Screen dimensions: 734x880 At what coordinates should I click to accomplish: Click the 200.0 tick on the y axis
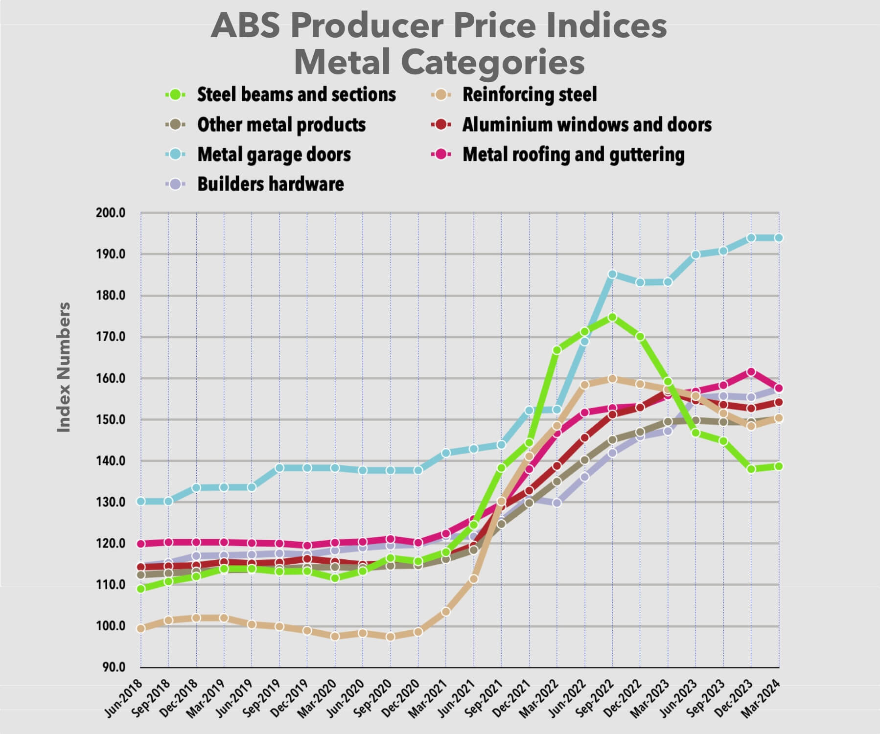[111, 213]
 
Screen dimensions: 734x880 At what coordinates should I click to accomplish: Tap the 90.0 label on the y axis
[113, 667]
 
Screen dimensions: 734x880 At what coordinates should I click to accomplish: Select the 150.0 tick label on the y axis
[111, 420]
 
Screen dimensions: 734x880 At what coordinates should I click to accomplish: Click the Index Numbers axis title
[64, 367]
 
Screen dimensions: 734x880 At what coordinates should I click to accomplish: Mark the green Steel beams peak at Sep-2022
[612, 317]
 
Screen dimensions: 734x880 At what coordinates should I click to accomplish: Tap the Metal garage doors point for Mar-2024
[778, 238]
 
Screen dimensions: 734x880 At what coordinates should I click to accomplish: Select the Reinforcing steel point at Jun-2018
[141, 628]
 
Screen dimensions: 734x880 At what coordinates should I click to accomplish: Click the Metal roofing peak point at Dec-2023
[751, 372]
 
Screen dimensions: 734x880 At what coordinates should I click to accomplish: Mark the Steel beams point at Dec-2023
[751, 469]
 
